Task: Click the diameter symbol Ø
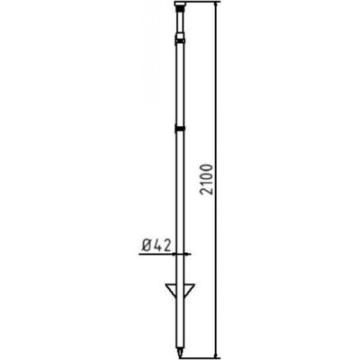146,243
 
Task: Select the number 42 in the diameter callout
162,243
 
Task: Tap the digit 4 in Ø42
157,243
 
